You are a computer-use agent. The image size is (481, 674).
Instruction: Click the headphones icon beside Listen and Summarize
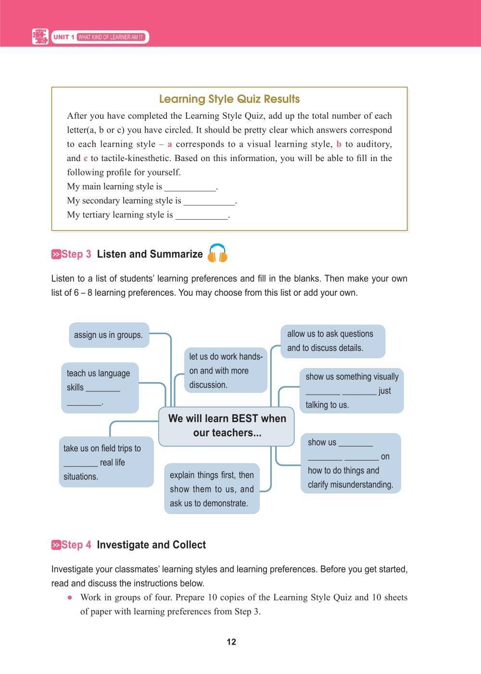(x=217, y=253)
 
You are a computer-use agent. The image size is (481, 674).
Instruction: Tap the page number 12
(x=231, y=642)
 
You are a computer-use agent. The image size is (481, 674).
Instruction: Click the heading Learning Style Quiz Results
(x=229, y=99)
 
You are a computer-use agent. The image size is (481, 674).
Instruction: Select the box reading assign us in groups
(x=109, y=335)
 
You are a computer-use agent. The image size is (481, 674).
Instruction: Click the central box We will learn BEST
(x=227, y=425)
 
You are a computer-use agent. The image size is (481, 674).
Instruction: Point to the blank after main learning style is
(x=190, y=187)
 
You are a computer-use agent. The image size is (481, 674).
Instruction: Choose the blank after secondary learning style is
(x=209, y=201)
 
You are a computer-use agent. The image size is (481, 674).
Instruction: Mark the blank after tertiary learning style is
(x=202, y=215)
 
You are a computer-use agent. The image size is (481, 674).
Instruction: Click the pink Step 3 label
(x=71, y=254)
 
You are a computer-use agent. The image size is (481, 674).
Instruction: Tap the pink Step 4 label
(x=71, y=545)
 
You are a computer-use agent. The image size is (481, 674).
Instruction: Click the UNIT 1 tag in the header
(x=64, y=37)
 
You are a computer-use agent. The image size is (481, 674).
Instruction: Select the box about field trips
(x=106, y=462)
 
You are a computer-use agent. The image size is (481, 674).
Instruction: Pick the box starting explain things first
(x=212, y=489)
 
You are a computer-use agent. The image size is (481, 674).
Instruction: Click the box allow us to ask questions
(x=333, y=341)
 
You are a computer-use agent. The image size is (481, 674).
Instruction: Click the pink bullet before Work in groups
(x=70, y=598)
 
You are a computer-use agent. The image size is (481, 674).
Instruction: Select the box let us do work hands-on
(x=226, y=370)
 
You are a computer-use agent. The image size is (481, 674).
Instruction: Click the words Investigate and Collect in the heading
(x=151, y=545)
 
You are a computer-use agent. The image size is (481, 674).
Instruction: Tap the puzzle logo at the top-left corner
(x=40, y=37)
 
